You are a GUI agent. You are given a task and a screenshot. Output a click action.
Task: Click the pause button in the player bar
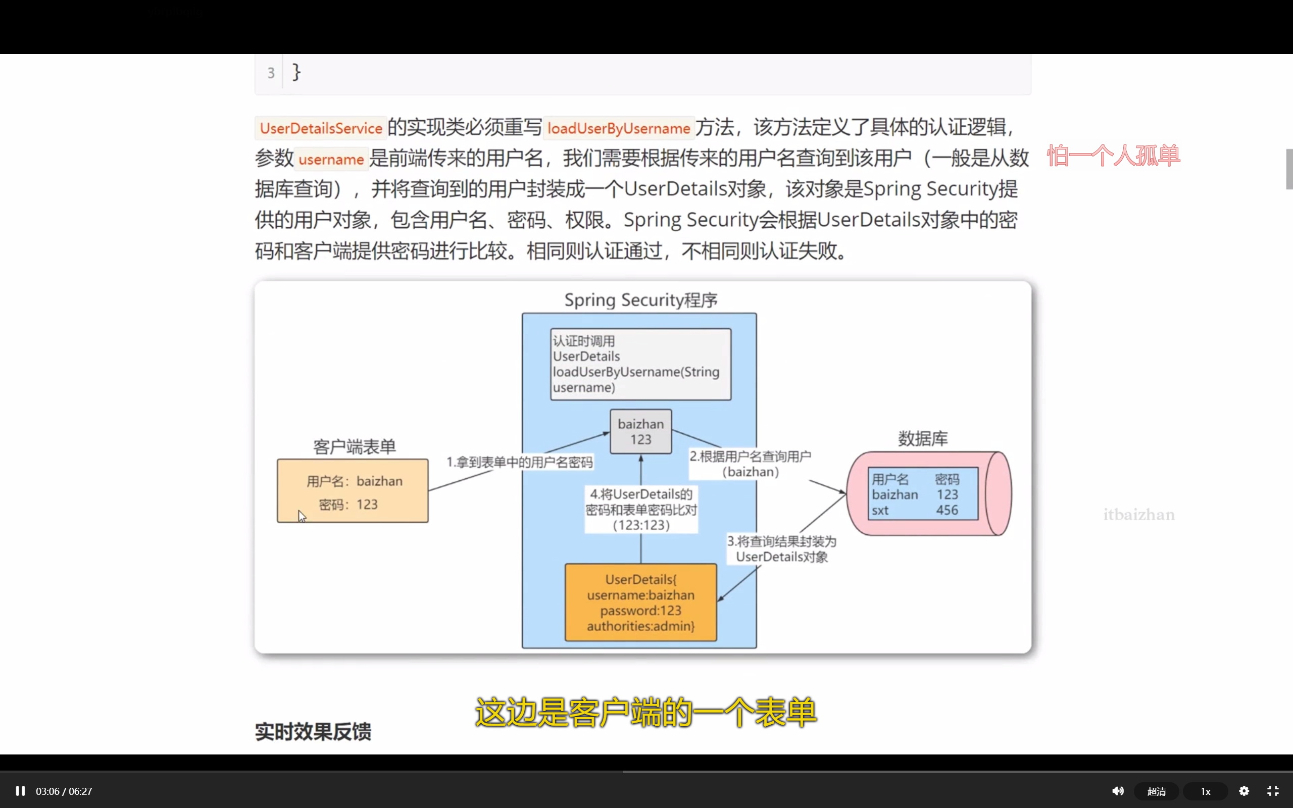[20, 791]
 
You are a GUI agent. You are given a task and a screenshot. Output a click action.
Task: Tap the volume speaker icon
[1118, 791]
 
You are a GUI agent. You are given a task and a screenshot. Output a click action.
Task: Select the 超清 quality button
[1156, 791]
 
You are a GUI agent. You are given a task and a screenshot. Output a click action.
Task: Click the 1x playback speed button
[1206, 791]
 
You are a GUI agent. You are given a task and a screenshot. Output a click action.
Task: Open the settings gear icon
[1244, 791]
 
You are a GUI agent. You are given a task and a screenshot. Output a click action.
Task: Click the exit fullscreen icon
[1273, 791]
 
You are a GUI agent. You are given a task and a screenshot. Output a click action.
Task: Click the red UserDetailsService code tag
[321, 128]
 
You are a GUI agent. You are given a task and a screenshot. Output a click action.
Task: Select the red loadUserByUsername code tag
[618, 128]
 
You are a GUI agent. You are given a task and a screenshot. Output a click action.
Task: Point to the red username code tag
[331, 159]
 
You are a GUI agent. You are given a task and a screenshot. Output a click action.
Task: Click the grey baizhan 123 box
[640, 432]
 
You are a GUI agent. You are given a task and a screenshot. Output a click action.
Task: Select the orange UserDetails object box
[640, 602]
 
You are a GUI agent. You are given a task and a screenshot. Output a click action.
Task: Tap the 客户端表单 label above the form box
[354, 447]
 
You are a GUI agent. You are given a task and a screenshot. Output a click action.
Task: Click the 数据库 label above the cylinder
[923, 439]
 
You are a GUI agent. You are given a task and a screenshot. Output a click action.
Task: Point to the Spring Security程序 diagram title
[640, 300]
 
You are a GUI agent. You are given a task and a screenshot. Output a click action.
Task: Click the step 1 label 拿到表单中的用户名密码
[519, 462]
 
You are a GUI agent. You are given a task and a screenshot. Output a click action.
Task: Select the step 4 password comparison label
[641, 509]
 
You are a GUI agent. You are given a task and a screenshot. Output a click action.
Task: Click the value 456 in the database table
[947, 511]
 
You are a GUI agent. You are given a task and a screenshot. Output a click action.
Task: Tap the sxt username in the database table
[880, 511]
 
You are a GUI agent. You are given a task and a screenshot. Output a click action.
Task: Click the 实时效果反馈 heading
[313, 732]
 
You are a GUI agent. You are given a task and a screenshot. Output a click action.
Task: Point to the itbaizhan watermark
[1138, 515]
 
